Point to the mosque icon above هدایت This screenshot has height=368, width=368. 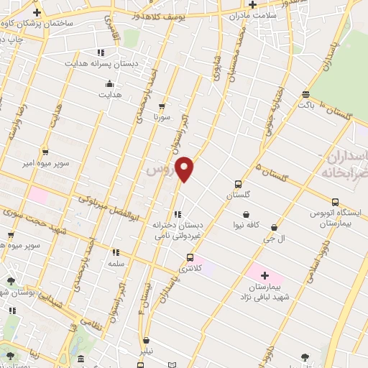[x=109, y=83]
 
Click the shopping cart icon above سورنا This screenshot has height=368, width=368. [x=163, y=105]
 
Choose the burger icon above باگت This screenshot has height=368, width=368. [x=307, y=94]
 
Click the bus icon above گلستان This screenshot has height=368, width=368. [x=239, y=184]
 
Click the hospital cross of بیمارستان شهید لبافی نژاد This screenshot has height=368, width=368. [x=264, y=275]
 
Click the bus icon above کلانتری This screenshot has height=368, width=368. [x=190, y=257]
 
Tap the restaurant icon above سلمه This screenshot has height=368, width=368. [x=115, y=252]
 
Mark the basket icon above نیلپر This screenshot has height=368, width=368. [x=147, y=341]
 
